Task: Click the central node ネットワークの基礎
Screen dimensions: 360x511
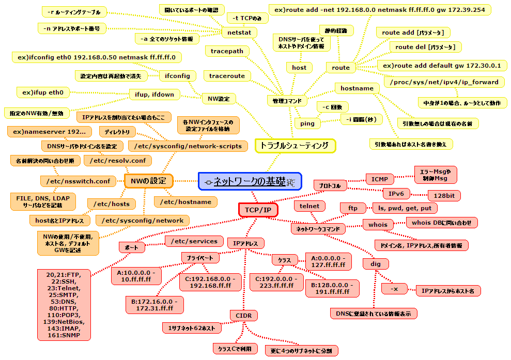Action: point(250,181)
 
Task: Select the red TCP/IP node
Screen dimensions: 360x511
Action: point(258,210)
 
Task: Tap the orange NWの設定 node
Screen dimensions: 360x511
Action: point(148,180)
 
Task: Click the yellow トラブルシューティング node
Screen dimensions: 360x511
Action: point(295,146)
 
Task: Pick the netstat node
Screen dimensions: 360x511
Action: point(239,33)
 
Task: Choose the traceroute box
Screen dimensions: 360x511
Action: point(227,76)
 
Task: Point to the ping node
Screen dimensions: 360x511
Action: point(307,123)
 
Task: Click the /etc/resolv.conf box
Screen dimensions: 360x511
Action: point(119,160)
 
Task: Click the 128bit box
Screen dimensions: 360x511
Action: point(444,196)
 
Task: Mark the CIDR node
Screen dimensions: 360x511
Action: point(243,316)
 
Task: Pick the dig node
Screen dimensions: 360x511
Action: point(376,264)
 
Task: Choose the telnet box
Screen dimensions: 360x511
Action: point(309,206)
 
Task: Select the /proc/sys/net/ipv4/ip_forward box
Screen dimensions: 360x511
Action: point(444,82)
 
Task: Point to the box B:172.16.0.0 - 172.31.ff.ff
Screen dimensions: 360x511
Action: point(154,305)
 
